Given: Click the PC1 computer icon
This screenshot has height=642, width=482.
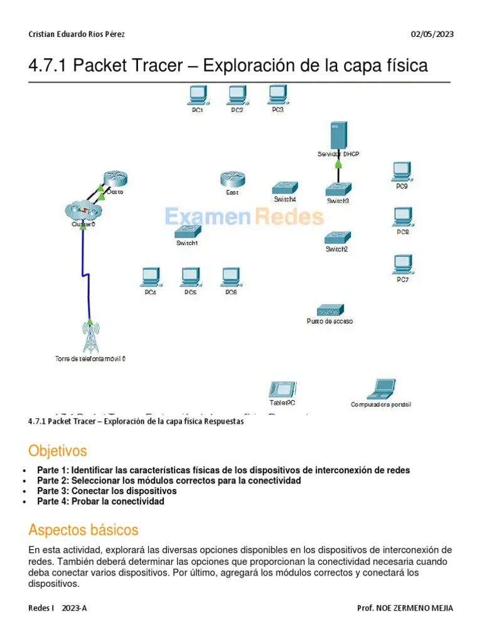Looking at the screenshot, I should pyautogui.click(x=198, y=95).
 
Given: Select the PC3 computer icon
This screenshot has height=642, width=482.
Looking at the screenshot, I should pyautogui.click(x=277, y=95).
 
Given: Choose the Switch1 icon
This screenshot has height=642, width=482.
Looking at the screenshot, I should pyautogui.click(x=187, y=231).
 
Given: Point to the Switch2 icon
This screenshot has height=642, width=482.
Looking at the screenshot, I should pyautogui.click(x=338, y=237).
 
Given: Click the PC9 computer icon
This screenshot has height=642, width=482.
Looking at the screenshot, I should pyautogui.click(x=402, y=171).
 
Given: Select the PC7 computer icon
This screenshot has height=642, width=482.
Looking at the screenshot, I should pyautogui.click(x=402, y=263).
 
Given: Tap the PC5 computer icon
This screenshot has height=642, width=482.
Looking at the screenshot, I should pyautogui.click(x=190, y=277).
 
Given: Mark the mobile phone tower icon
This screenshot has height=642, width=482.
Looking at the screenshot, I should pyautogui.click(x=90, y=337).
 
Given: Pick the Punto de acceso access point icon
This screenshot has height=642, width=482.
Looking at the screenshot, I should pyautogui.click(x=329, y=310).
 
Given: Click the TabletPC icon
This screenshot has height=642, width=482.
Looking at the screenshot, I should pyautogui.click(x=278, y=389).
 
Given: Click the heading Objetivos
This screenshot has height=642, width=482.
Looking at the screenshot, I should pyautogui.click(x=58, y=451).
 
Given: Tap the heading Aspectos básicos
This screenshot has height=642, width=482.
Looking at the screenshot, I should pyautogui.click(x=83, y=530).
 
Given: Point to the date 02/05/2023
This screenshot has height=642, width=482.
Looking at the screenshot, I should pyautogui.click(x=432, y=34).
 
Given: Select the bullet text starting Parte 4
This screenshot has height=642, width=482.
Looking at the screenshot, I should pyautogui.click(x=100, y=502).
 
